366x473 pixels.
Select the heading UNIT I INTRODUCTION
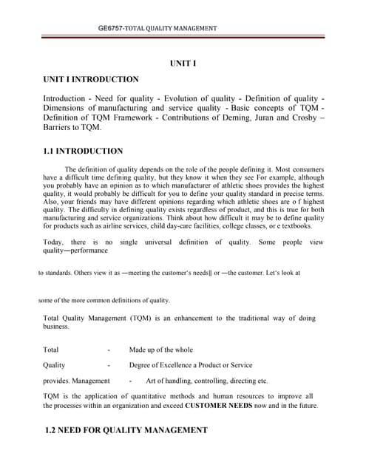[91, 79]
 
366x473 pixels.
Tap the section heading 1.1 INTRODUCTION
[84, 152]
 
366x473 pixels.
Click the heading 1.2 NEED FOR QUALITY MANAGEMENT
[126, 430]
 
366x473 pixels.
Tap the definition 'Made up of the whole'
[161, 350]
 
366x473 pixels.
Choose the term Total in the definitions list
[51, 350]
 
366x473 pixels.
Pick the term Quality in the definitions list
[54, 365]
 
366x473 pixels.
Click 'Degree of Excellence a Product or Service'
[191, 365]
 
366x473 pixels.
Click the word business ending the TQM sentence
[56, 326]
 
